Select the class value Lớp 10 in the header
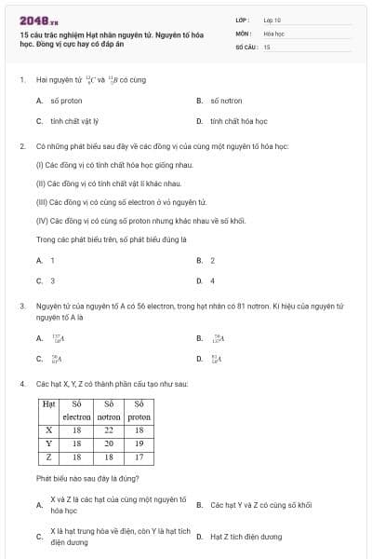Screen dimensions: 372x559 [272, 19]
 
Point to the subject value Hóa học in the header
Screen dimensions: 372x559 [273, 33]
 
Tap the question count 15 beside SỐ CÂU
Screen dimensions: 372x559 [267, 46]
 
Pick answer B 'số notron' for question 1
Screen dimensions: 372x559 [225, 100]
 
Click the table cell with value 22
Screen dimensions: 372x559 [109, 430]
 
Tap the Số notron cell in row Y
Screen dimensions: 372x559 [109, 444]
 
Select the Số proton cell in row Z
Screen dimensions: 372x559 [139, 457]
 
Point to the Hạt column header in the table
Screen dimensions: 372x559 [48, 411]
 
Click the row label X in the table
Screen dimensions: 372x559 [48, 430]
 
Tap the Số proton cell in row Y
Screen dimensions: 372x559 [139, 444]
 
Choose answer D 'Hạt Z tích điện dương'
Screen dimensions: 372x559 [246, 536]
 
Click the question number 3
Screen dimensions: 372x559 [21, 306]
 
